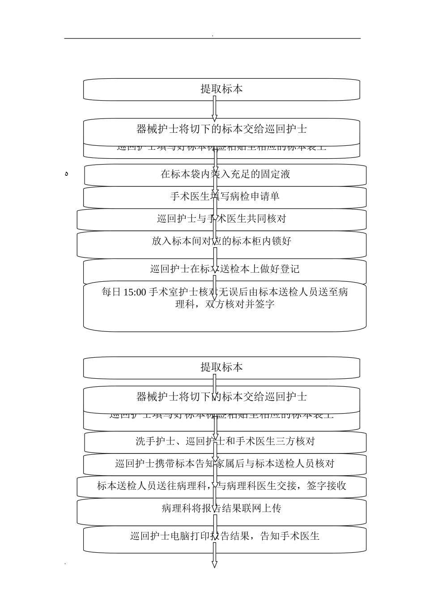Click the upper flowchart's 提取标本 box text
tap(221, 89)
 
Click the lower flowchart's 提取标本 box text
tap(221, 368)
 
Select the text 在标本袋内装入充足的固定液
tap(225, 174)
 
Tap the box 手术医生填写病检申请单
tap(225, 196)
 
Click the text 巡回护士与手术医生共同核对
tap(221, 219)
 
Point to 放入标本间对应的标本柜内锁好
tap(221, 241)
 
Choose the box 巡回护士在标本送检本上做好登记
tap(225, 269)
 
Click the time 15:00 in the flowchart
tap(134, 292)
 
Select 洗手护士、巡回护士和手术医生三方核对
tap(225, 441)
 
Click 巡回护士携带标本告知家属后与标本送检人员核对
tap(225, 464)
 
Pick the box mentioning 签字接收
tap(221, 486)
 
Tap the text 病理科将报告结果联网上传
tap(221, 508)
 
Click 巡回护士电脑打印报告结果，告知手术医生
tap(225, 536)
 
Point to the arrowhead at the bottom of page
tap(214, 564)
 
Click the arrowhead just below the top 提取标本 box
tap(214, 118)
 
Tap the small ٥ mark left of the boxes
tap(66, 174)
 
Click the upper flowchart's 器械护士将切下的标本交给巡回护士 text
tap(221, 129)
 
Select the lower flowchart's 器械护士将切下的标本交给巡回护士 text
tap(221, 397)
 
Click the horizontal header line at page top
tap(212, 38)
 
